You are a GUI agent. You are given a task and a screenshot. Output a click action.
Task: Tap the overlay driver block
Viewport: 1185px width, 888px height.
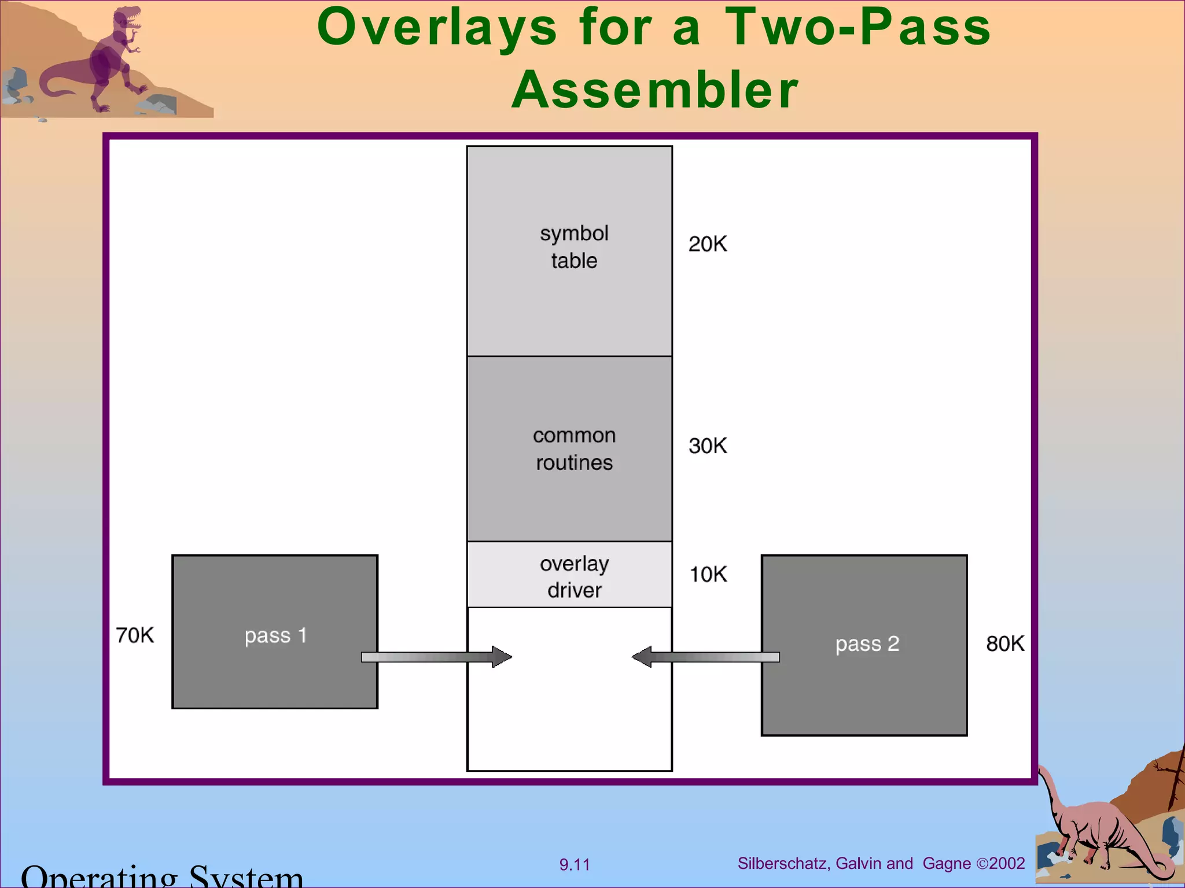coord(569,575)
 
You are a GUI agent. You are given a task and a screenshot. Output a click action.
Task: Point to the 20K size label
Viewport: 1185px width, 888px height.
coord(707,244)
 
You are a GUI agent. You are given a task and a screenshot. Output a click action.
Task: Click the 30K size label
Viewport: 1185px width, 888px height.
coord(707,446)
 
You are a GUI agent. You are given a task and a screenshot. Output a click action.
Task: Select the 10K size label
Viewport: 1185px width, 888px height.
coord(708,574)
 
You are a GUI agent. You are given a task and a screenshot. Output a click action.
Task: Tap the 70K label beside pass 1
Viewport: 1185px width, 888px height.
coord(135,635)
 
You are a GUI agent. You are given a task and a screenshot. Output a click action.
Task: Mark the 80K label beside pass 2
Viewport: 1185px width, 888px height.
coord(1005,643)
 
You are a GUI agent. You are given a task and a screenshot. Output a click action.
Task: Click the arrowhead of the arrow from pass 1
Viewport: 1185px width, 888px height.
coord(501,657)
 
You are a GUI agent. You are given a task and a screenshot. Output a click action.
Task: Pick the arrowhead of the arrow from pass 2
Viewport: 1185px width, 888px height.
coord(642,657)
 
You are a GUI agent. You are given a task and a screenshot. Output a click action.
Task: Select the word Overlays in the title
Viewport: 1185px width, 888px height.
coord(437,28)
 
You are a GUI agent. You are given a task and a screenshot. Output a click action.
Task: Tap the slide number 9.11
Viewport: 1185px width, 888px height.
coord(575,865)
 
